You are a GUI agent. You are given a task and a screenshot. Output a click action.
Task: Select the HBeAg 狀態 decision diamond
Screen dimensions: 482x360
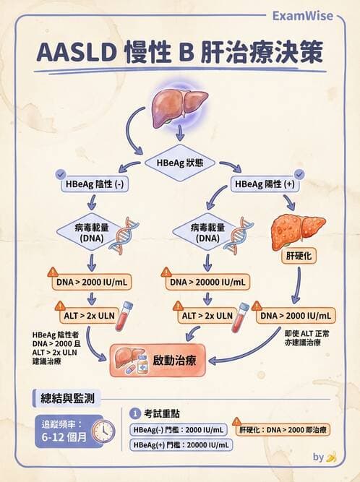(180, 163)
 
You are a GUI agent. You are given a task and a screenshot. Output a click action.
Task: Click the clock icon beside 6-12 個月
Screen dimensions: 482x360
(103, 431)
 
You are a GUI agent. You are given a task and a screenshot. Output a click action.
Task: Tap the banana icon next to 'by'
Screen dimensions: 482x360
(331, 457)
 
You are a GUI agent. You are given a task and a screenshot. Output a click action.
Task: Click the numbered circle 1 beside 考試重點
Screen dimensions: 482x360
(134, 413)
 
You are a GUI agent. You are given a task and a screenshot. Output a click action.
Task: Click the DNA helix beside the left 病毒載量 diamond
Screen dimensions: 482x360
(124, 235)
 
